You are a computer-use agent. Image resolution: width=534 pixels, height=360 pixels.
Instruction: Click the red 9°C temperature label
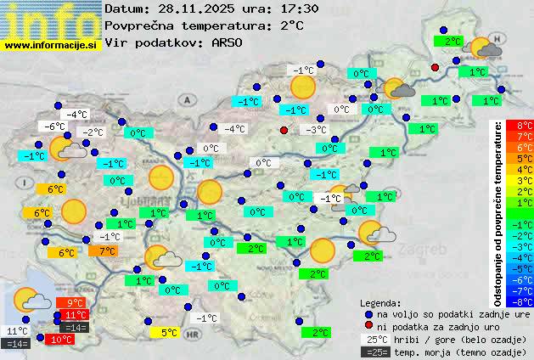tap(74, 303)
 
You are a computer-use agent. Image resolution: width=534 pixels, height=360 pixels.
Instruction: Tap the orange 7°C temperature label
tap(106, 251)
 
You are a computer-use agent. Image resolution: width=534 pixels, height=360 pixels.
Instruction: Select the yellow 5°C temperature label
tap(168, 333)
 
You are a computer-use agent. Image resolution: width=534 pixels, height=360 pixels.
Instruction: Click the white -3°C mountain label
tap(316, 130)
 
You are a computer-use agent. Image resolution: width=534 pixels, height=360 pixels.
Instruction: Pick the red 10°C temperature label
tap(61, 340)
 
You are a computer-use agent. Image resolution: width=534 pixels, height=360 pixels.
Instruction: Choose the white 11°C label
tap(17, 331)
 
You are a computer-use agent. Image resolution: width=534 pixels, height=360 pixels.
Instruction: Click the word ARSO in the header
tap(228, 42)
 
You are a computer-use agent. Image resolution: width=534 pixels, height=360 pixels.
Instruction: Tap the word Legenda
tap(380, 302)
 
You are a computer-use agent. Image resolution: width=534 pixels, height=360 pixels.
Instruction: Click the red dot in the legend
tap(368, 326)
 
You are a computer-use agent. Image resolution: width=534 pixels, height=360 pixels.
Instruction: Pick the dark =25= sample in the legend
tap(374, 352)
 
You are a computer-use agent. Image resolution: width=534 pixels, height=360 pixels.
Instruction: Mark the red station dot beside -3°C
tap(284, 130)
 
